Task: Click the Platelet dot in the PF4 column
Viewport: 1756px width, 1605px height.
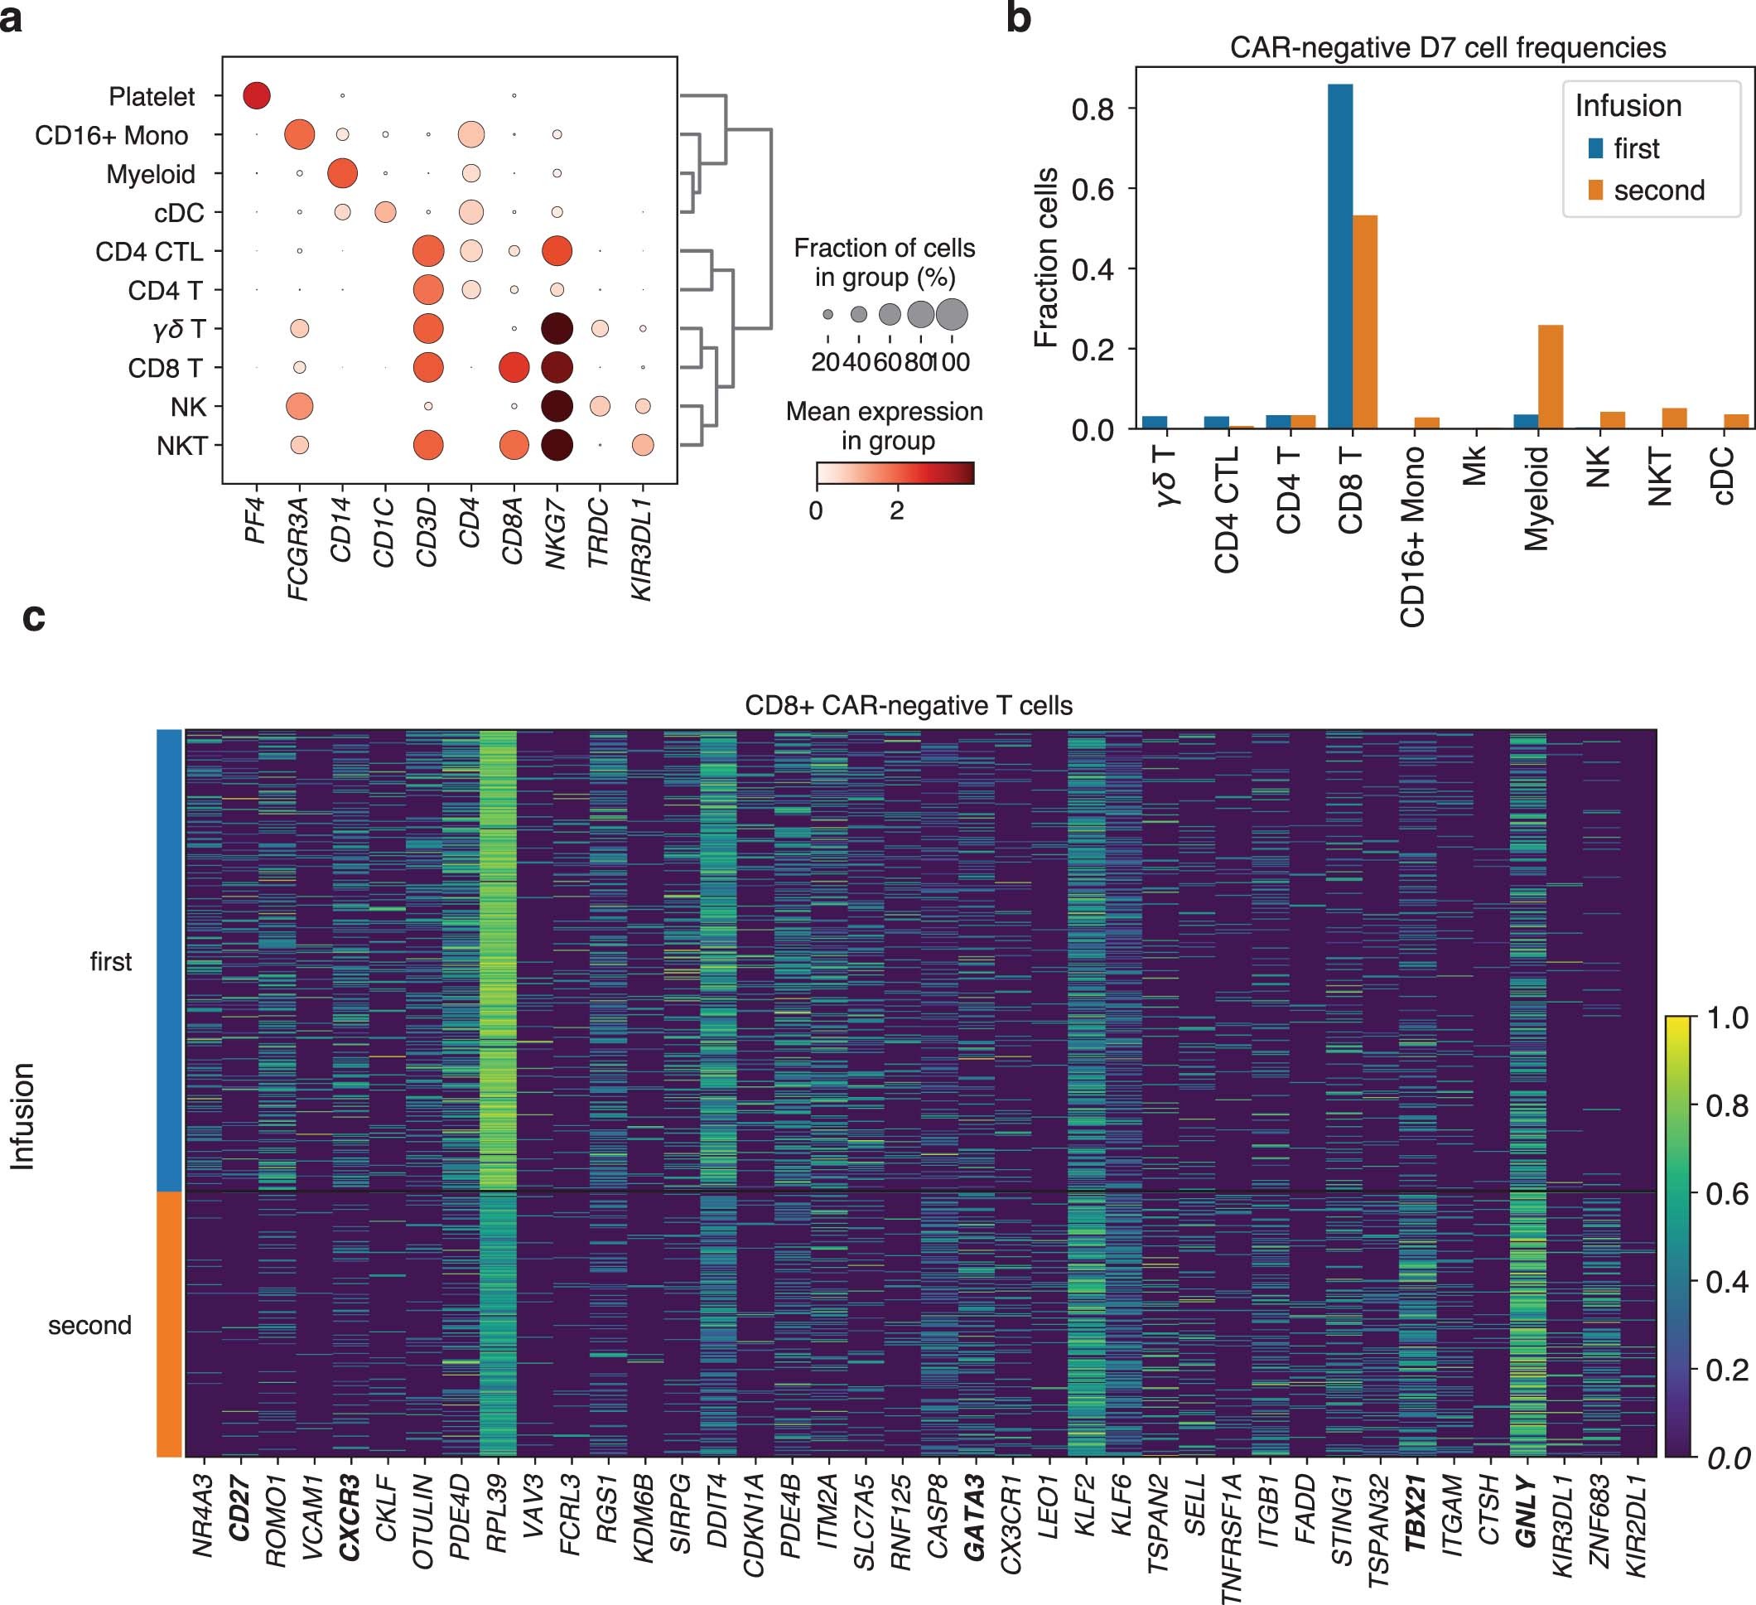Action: [256, 96]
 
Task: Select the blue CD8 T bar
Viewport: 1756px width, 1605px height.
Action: [1339, 256]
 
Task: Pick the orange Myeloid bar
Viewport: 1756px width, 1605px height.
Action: [1551, 376]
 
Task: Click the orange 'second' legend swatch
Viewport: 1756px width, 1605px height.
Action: [1596, 190]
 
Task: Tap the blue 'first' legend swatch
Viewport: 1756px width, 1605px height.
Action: [1596, 148]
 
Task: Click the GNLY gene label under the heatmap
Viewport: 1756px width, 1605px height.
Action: [1526, 1511]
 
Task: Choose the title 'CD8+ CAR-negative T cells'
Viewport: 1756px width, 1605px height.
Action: [909, 705]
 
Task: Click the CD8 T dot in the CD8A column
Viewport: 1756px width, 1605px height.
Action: [514, 368]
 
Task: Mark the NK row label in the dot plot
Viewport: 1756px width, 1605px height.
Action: [188, 407]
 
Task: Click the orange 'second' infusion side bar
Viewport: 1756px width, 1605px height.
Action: [169, 1323]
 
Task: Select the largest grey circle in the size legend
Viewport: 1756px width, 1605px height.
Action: [952, 314]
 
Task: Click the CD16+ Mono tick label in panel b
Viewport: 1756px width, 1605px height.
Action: [1413, 536]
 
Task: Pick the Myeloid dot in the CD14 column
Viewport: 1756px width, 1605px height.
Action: [342, 173]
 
